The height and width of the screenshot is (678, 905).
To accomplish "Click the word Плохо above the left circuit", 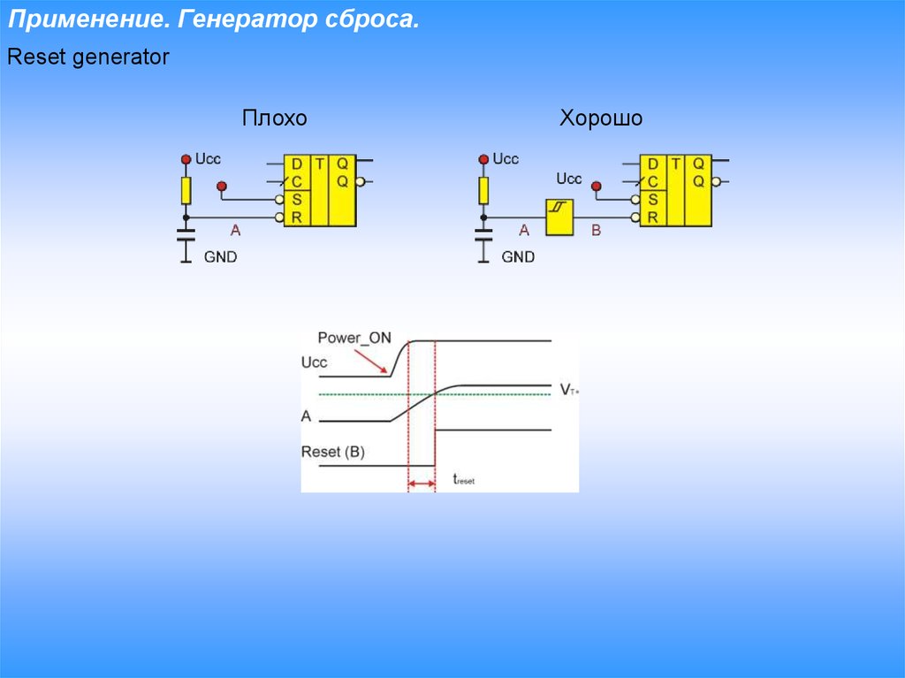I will pos(275,119).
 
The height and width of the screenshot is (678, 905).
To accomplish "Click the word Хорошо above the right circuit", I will pos(601,119).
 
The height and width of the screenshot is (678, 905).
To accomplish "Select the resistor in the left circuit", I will pos(186,190).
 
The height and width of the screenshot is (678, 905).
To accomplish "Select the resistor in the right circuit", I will pos(483,190).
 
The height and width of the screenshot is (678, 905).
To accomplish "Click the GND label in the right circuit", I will pos(518,257).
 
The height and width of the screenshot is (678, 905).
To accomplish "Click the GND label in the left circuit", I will pos(220,257).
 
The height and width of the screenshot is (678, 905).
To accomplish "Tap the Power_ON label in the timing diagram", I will pos(354,338).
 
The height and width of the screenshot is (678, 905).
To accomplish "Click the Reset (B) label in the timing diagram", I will pos(332,452).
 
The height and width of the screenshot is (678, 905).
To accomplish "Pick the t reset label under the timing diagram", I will pos(463,480).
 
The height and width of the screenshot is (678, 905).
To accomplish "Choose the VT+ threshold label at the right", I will pos(567,389).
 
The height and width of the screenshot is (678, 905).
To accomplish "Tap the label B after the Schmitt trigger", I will pos(596,231).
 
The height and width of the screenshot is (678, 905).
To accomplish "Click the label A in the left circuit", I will pos(235,231).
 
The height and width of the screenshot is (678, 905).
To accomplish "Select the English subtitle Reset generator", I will pos(87,58).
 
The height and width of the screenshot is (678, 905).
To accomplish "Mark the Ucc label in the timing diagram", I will pos(314,362).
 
